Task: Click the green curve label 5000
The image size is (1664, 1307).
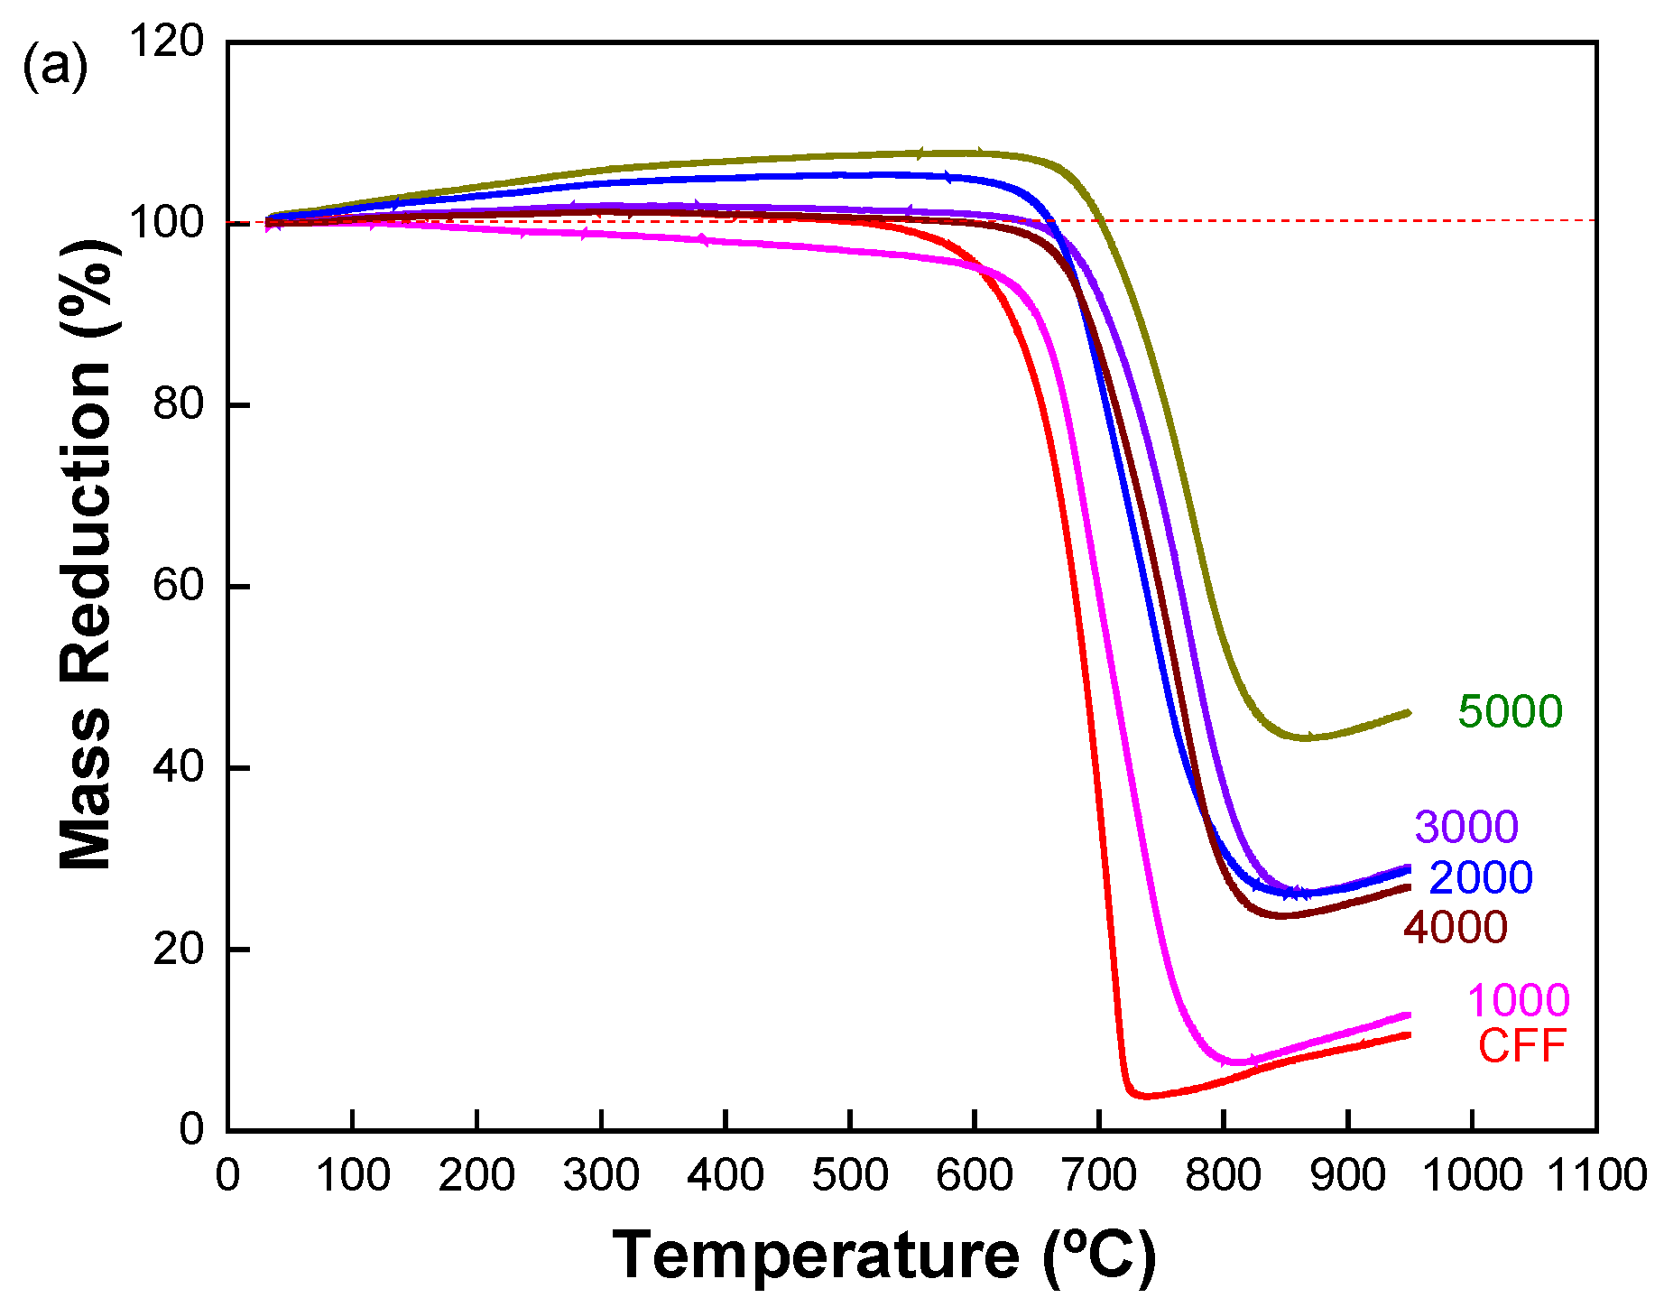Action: pos(1510,711)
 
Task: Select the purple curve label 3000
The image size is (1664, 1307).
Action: pos(1466,827)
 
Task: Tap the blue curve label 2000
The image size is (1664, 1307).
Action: pos(1481,877)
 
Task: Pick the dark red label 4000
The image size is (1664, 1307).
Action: pos(1455,927)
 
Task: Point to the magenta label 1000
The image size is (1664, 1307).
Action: pos(1518,1000)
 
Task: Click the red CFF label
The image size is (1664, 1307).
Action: pos(1521,1046)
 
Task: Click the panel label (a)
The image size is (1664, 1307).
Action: pos(55,66)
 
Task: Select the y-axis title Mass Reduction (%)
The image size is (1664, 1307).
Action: pos(86,555)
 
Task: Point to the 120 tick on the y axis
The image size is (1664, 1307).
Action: pos(167,42)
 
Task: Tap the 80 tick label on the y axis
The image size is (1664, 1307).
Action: pos(178,404)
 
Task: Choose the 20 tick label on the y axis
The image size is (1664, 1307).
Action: pos(178,949)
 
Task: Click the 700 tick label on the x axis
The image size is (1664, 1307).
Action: pos(1098,1175)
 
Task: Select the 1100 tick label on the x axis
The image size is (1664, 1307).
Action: pos(1596,1175)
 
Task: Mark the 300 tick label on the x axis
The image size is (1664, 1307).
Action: pos(601,1175)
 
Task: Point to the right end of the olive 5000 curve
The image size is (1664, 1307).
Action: pos(1408,713)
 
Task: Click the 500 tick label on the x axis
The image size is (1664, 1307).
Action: pos(850,1175)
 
